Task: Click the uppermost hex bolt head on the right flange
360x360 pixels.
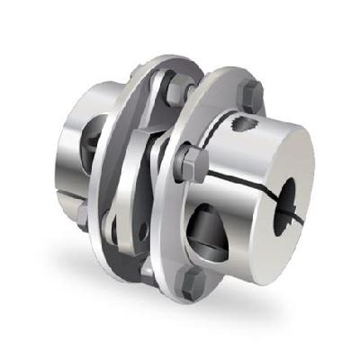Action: click(251, 93)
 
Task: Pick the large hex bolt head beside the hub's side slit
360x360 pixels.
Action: click(192, 163)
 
